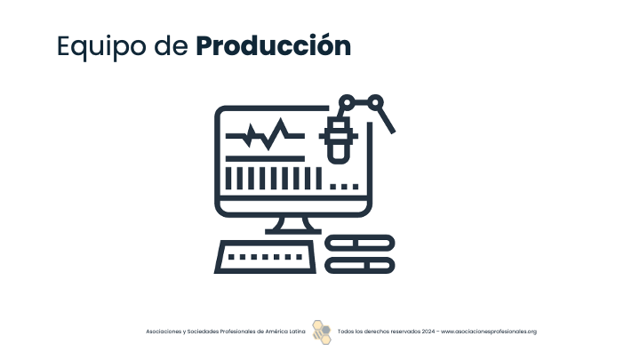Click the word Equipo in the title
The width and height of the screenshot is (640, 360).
[101, 46]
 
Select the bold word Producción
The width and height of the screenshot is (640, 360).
[274, 45]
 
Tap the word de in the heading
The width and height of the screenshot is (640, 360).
[171, 45]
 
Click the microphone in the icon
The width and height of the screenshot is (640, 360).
[339, 139]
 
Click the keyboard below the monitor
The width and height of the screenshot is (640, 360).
[265, 257]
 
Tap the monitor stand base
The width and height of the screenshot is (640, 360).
[293, 231]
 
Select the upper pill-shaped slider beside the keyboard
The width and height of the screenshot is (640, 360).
[360, 244]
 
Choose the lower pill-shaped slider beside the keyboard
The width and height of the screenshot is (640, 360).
[360, 265]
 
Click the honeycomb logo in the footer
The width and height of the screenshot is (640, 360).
[322, 332]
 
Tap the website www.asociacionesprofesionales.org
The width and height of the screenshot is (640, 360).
[489, 332]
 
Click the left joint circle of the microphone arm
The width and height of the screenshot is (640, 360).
[347, 102]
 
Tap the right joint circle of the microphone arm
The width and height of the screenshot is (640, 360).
[375, 102]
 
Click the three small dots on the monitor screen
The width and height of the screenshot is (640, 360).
[344, 187]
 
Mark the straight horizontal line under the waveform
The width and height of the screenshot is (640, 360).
[265, 159]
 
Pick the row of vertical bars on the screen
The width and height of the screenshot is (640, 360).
[274, 179]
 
